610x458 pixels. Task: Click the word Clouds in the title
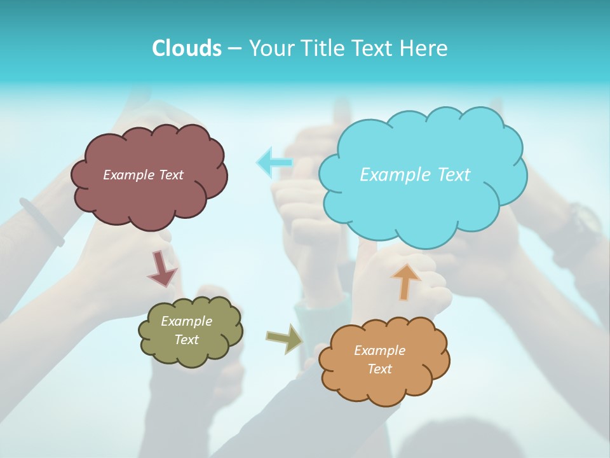(187, 48)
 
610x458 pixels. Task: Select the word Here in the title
(425, 48)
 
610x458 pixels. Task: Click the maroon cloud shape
(149, 197)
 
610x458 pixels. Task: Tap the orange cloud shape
(384, 388)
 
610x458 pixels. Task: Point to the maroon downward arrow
(162, 268)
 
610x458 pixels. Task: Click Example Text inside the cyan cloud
(415, 175)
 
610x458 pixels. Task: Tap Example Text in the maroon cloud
(143, 175)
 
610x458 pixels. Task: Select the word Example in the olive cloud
(186, 321)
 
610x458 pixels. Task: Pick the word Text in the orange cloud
(379, 369)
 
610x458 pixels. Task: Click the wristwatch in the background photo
(581, 223)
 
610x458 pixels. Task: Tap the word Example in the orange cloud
(379, 350)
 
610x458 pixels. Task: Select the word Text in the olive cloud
(186, 340)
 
